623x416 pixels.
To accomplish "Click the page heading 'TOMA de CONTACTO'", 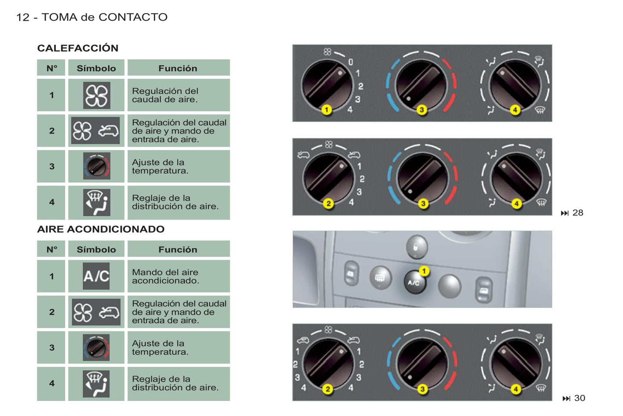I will [x=104, y=17].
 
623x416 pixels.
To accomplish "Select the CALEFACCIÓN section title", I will [x=78, y=48].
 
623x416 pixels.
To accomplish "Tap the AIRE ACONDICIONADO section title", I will [x=100, y=229].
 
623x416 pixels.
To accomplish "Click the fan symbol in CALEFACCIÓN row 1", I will [x=96, y=95].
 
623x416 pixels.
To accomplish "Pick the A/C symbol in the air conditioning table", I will [x=96, y=276].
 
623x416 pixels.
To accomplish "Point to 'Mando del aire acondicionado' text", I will [x=166, y=276].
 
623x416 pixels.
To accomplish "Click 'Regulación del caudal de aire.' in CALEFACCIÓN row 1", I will [x=165, y=95].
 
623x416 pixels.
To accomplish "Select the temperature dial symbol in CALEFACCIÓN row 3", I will [x=96, y=166].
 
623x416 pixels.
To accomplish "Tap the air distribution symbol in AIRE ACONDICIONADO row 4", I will [x=96, y=384].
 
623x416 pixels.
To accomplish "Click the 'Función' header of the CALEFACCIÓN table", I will [x=178, y=68].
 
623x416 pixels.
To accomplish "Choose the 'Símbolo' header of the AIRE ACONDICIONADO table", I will [x=96, y=249].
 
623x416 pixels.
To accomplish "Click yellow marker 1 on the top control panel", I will [x=326, y=110].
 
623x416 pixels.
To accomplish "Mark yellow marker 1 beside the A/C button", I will [x=424, y=271].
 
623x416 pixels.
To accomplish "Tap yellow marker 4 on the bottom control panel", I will [x=516, y=389].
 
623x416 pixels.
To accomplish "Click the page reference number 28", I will [x=578, y=213].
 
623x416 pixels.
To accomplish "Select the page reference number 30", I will [x=579, y=398].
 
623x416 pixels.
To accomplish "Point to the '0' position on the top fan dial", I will [x=351, y=62].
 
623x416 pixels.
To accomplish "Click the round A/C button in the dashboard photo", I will [x=414, y=283].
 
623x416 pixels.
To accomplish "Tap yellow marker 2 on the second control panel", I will [x=329, y=203].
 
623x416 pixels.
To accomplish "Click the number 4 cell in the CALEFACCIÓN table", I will [x=52, y=202].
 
